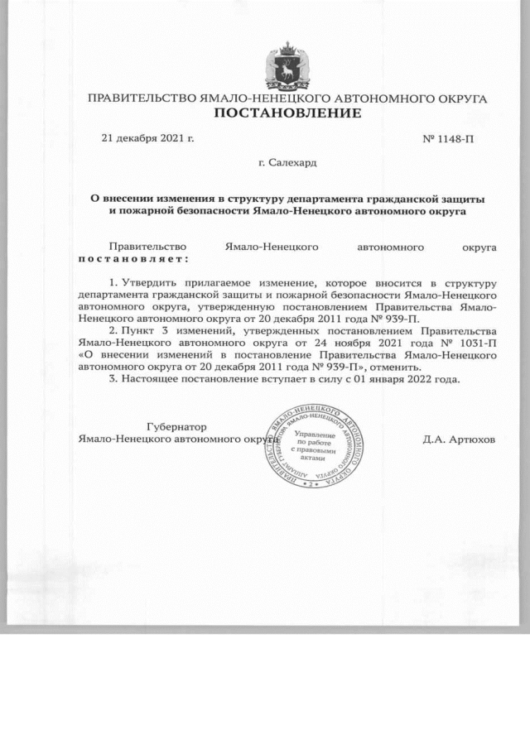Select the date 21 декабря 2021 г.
147,138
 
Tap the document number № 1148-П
448,139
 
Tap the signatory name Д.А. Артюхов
459,439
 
